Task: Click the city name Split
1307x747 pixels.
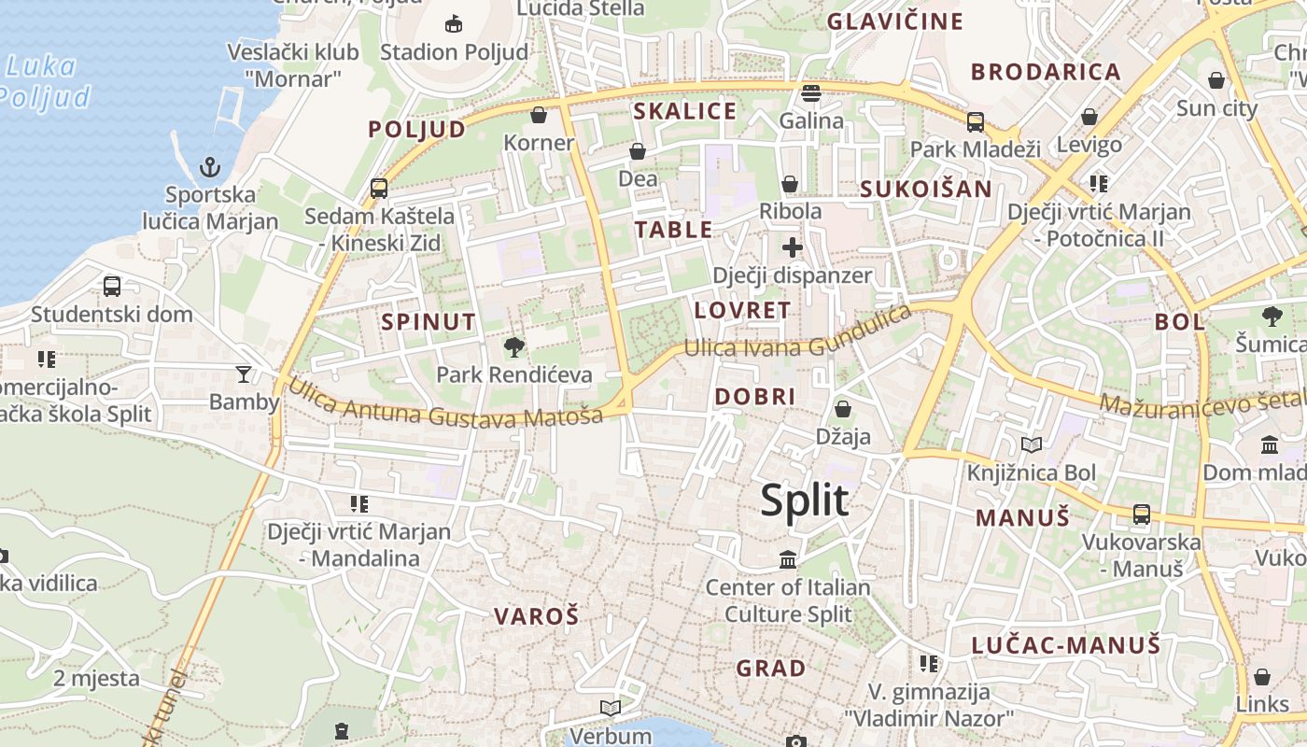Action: pos(804,500)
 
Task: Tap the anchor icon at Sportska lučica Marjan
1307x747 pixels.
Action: pos(210,168)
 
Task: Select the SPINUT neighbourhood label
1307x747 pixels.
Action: pos(429,322)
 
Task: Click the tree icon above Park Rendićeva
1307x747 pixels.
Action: pos(513,347)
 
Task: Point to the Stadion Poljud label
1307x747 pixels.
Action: pos(454,51)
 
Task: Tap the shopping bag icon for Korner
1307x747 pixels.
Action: pos(539,115)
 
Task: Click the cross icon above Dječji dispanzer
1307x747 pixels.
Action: pos(792,247)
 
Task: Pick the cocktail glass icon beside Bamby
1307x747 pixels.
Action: pos(244,374)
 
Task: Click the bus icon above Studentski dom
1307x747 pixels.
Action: pos(112,287)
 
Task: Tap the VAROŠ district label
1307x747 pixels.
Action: pos(536,616)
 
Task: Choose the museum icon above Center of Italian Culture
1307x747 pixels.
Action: pos(788,560)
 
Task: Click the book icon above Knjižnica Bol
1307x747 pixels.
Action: pos(1031,445)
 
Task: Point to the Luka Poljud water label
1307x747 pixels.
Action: pos(42,82)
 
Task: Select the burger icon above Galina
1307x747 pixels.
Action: pos(810,93)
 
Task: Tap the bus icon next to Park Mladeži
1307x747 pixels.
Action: pos(976,121)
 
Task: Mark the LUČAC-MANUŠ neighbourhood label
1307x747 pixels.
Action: pos(1065,645)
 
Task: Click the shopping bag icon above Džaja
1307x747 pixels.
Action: pos(842,409)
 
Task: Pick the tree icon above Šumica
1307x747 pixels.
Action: pos(1272,317)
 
